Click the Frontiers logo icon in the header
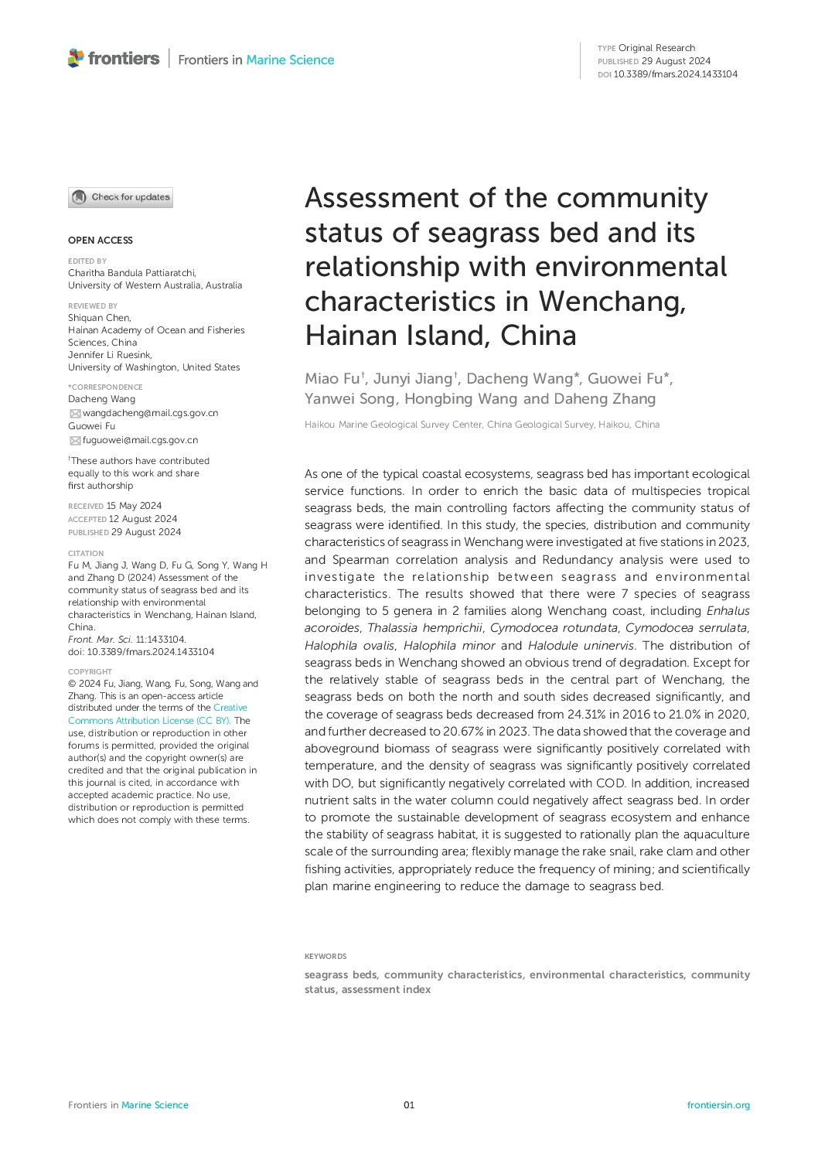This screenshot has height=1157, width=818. (76, 58)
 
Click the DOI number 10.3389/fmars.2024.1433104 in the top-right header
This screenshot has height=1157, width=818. (675, 74)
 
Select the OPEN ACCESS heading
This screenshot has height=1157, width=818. (101, 241)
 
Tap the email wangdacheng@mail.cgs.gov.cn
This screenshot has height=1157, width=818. (150, 413)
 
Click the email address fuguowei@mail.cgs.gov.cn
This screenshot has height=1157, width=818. (140, 440)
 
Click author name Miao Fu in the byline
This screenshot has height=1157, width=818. (332, 378)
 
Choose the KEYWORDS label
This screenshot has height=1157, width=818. (325, 957)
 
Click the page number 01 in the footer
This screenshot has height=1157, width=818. (409, 1105)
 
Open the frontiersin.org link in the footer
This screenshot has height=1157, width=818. (718, 1105)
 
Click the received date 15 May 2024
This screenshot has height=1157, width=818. (134, 506)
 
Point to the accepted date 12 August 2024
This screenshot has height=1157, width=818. (143, 519)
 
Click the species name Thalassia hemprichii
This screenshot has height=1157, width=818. (424, 628)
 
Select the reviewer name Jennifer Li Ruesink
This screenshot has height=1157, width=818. (110, 355)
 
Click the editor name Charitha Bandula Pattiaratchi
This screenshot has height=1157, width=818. (132, 273)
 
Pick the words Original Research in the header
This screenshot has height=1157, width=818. (656, 48)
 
